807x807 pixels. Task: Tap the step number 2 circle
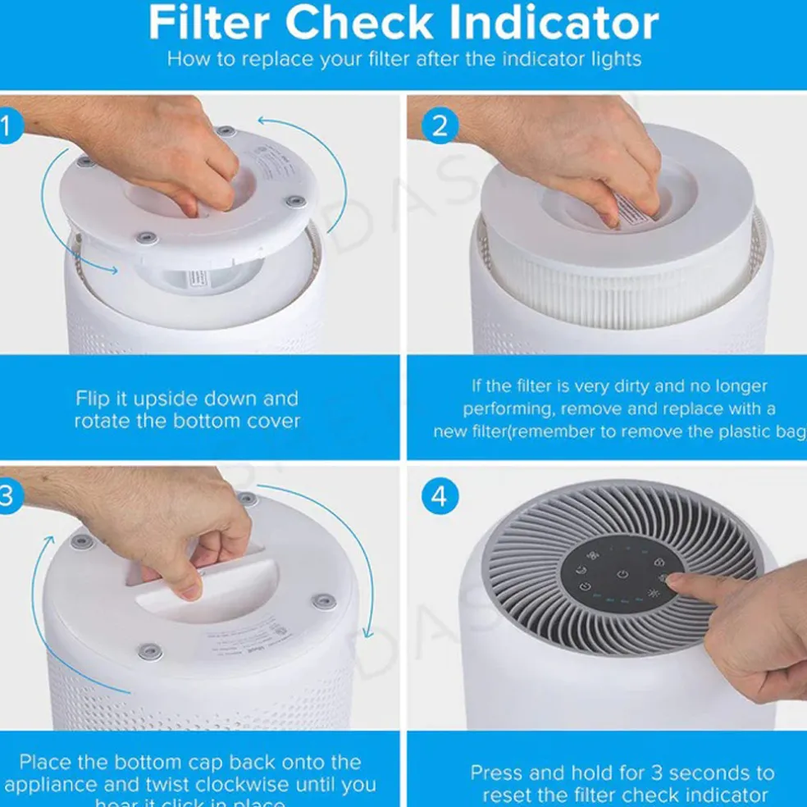point(440,126)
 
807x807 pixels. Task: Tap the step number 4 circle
point(440,497)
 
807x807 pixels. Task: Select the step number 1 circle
point(6,126)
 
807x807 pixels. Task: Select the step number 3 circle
point(6,497)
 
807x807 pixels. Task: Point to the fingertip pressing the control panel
point(675,581)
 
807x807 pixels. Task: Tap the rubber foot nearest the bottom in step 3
point(149,651)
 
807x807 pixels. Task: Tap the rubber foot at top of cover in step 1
point(222,130)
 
